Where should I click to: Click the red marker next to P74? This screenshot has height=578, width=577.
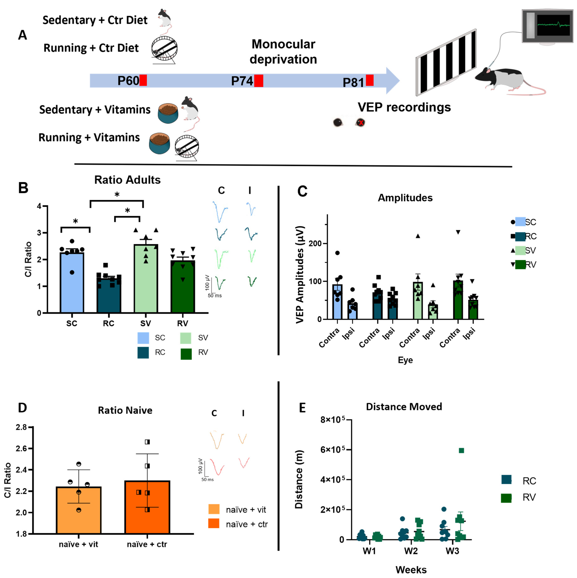tap(259, 81)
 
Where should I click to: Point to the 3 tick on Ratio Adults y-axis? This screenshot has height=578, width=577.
tap(39, 233)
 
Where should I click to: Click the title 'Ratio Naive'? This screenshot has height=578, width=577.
tap(125, 410)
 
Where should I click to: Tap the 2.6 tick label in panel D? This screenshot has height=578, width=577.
tap(22, 448)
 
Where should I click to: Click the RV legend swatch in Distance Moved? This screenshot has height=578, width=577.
tap(506, 498)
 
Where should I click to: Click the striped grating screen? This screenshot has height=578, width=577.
tap(446, 62)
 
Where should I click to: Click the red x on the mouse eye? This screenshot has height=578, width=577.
tap(361, 122)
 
